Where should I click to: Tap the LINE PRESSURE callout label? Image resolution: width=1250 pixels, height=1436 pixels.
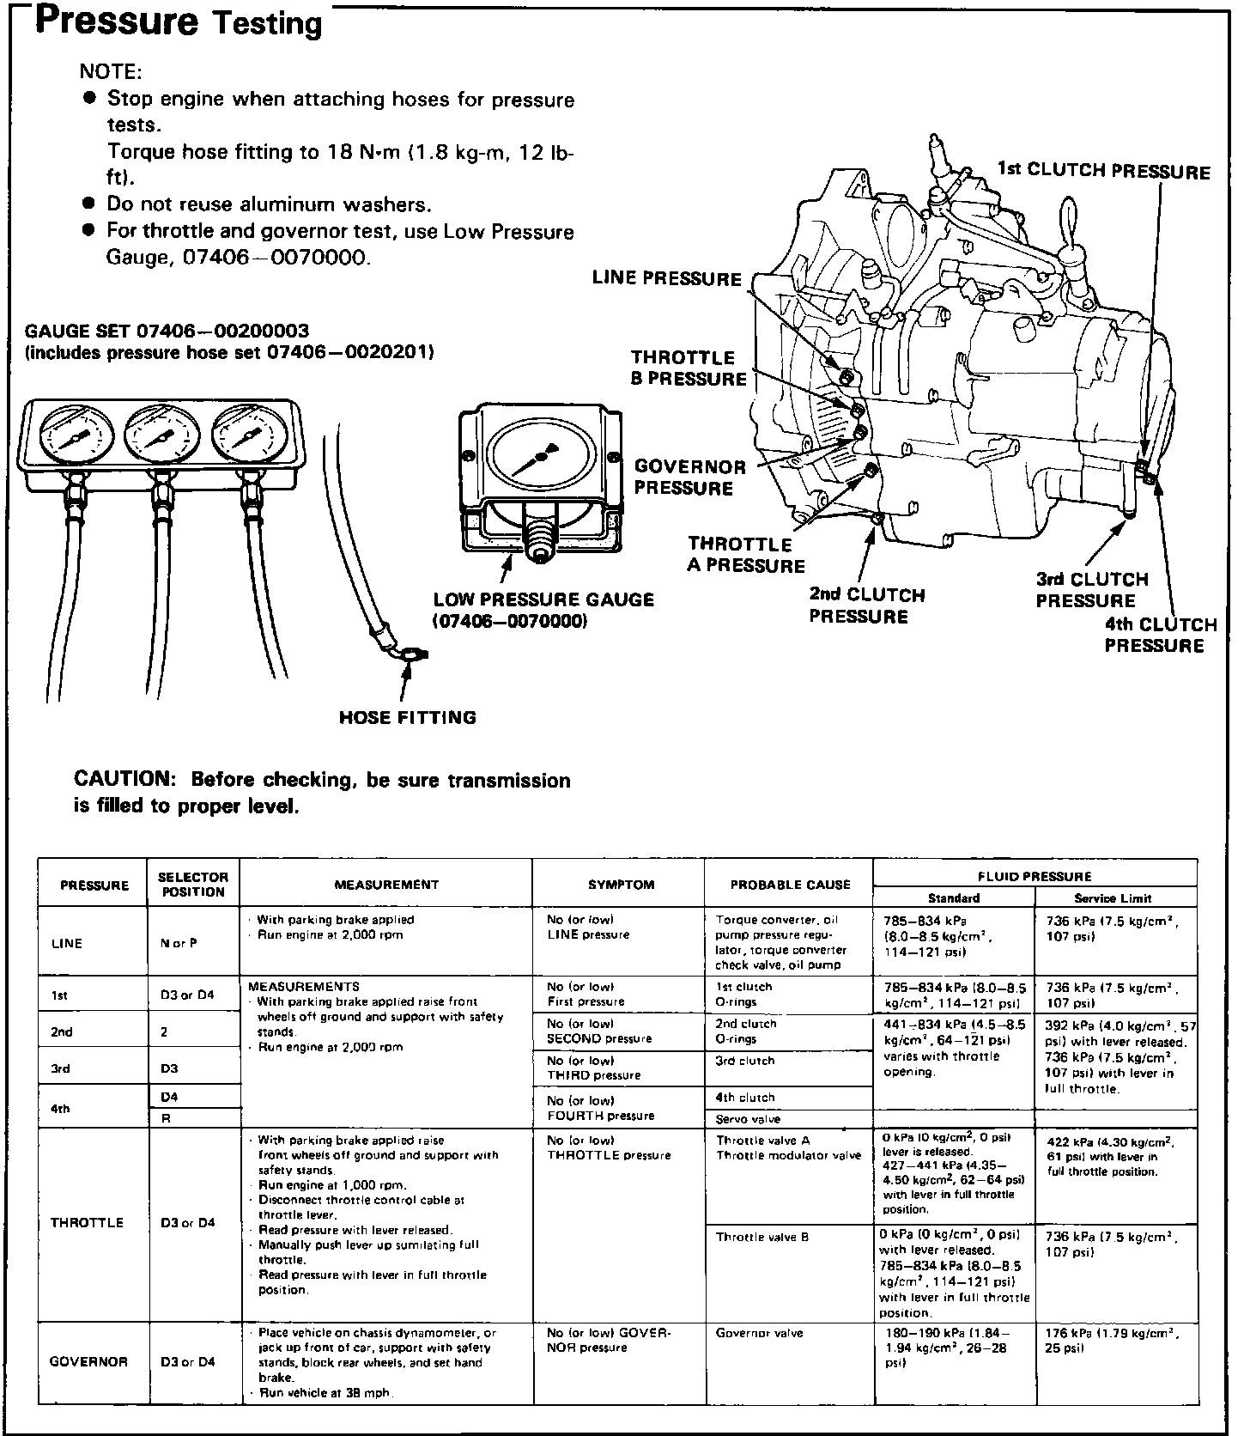coord(666,279)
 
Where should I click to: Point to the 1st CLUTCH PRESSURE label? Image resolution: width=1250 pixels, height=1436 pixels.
coord(1103,170)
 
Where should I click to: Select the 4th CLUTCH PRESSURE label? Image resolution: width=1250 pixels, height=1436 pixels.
coord(1160,636)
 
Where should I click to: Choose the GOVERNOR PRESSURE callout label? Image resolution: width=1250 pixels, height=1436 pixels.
coord(689,478)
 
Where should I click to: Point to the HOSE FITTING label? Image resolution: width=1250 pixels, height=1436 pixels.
coord(407,717)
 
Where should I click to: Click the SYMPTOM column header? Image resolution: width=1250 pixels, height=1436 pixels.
coord(621,884)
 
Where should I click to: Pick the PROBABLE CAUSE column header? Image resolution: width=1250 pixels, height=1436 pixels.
coord(790,884)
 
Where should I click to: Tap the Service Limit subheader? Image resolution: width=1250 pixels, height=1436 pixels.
coord(1113,897)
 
